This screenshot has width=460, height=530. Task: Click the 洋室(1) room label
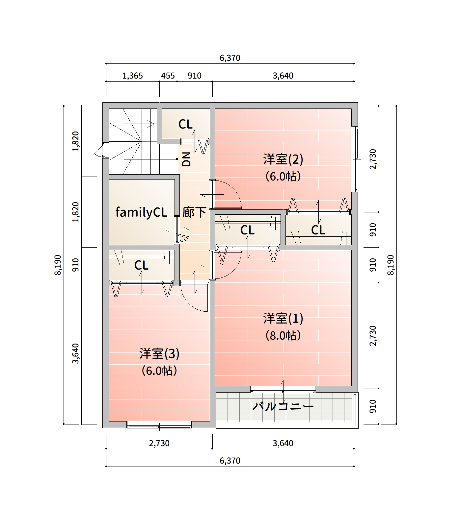pos(283,318)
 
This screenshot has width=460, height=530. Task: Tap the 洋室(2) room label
pos(283,159)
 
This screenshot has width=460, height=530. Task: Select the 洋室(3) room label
pos(159,353)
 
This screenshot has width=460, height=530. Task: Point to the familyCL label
pos(141,212)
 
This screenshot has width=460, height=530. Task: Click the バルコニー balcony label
pos(283,406)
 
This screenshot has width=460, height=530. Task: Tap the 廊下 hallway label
pos(194,212)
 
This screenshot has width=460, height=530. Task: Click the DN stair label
pos(186,159)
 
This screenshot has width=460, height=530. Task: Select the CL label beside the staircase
pos(185,124)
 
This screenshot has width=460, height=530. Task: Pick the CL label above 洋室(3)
pos(141,265)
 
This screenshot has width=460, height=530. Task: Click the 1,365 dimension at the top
pos(133,76)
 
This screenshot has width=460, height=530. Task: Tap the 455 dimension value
pos(168,76)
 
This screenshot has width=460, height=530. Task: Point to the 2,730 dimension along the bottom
pos(159,443)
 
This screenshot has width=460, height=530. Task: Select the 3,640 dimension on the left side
pos(76,353)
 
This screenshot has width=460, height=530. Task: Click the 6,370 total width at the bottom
pos(230,461)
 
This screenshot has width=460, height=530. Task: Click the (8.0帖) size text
pos(283,335)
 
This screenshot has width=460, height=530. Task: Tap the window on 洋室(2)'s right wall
pos(355,159)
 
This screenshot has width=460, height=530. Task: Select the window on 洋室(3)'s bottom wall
pos(159,424)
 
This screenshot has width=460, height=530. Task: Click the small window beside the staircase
pos(105,150)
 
